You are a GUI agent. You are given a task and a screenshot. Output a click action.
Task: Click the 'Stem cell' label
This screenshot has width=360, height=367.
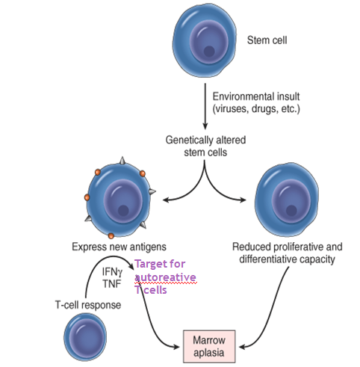(x=267, y=40)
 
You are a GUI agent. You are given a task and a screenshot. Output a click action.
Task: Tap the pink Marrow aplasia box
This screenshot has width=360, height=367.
(x=209, y=346)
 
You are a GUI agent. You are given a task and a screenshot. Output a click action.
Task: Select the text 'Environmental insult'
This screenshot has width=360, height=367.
(x=256, y=96)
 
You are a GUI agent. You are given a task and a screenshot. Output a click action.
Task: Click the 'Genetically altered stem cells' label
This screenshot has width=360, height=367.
(x=205, y=146)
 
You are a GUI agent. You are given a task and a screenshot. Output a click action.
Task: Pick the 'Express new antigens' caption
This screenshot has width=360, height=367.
(x=119, y=247)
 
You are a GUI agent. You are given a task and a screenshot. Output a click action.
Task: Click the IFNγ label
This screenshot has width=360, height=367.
(x=112, y=271)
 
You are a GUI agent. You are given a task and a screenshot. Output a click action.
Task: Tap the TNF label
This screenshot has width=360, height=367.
(x=112, y=283)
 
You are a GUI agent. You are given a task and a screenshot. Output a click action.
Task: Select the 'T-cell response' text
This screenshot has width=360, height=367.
(x=88, y=305)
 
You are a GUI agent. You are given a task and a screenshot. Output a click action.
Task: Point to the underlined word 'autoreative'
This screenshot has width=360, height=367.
(x=165, y=277)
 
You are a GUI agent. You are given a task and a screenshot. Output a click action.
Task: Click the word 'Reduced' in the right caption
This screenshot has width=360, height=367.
(x=252, y=247)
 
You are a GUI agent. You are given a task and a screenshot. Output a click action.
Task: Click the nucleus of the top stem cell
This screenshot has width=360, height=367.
(x=209, y=42)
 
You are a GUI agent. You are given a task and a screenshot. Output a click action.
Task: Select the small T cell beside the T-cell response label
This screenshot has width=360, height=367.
(x=85, y=337)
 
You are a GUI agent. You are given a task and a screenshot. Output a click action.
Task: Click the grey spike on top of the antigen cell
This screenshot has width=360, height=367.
(x=122, y=161)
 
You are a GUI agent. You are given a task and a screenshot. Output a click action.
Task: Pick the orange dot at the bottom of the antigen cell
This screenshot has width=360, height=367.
(x=111, y=235)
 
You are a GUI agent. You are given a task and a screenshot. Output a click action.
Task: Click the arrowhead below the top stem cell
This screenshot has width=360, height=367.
(x=205, y=126)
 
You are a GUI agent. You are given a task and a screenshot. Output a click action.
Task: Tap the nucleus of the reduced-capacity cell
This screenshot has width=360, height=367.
(x=291, y=201)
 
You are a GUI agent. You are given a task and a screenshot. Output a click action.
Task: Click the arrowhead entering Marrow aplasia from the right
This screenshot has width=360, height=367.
(x=243, y=347)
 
